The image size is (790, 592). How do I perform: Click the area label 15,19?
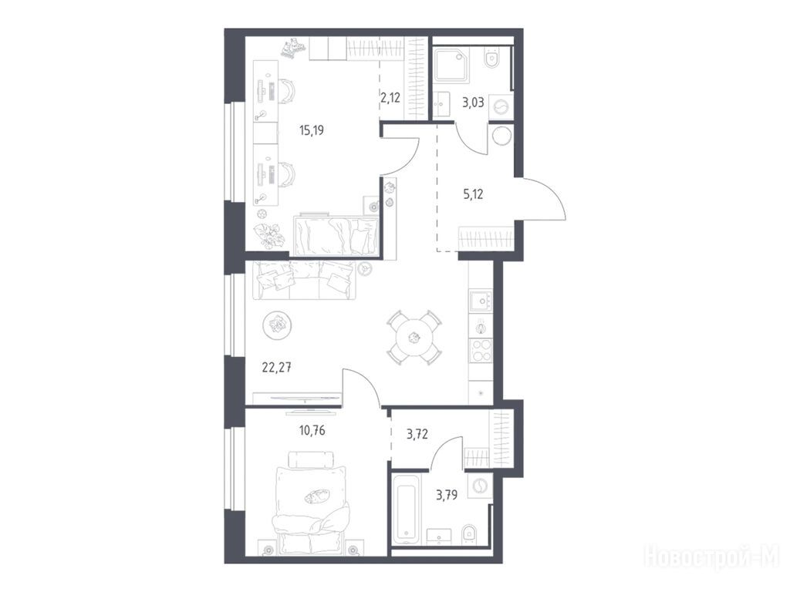(x=312, y=131)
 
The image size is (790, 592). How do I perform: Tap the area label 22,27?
(x=277, y=368)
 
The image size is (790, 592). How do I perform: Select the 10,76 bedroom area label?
(x=312, y=430)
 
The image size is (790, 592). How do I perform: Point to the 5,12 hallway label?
(x=473, y=193)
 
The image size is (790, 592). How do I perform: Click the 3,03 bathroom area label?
(x=473, y=103)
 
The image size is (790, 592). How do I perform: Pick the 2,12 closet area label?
(x=390, y=98)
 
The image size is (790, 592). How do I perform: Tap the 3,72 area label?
(x=417, y=433)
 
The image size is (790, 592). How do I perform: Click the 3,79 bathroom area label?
(x=447, y=496)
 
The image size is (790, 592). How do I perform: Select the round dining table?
(x=414, y=338)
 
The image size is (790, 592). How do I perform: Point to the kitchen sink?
(x=481, y=301)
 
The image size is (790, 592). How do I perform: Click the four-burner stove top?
(x=481, y=351)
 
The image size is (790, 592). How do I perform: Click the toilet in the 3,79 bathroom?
(x=468, y=533)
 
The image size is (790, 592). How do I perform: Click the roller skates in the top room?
(x=293, y=49)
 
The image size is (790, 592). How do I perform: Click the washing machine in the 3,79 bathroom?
(x=480, y=486)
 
